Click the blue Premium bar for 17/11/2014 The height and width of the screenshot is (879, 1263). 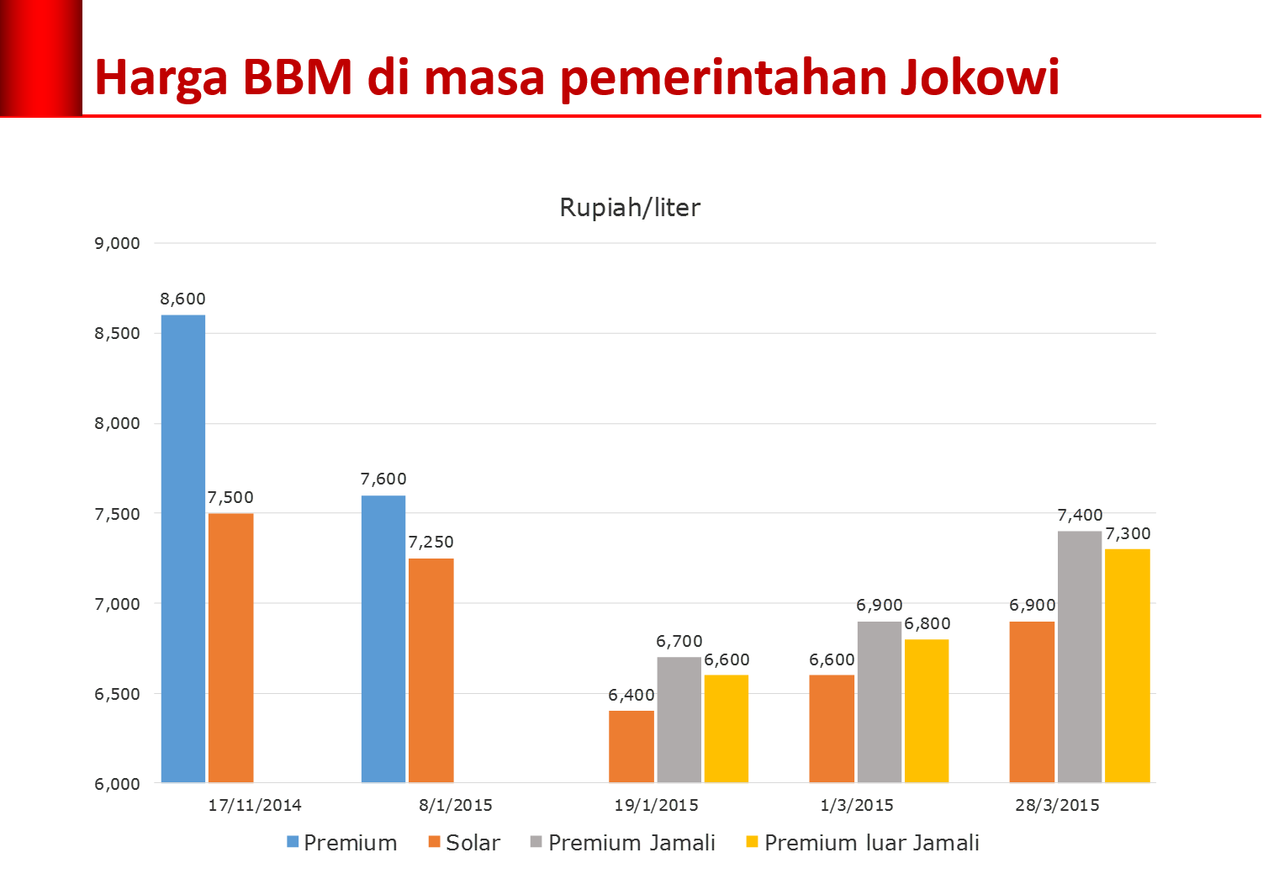click(x=183, y=548)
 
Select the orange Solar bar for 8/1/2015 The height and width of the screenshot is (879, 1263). click(x=431, y=670)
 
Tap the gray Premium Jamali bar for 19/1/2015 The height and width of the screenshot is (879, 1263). click(x=679, y=720)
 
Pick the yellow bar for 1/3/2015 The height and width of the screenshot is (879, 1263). click(x=927, y=711)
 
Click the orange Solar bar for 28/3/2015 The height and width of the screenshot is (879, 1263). click(x=1032, y=702)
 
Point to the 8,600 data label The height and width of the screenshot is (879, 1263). click(x=182, y=299)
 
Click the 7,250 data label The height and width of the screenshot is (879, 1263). click(x=431, y=543)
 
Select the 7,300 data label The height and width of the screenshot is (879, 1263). click(x=1128, y=533)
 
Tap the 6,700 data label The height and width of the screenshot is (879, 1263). click(x=679, y=641)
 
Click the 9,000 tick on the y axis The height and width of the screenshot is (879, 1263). click(x=118, y=243)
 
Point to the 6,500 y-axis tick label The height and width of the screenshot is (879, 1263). click(x=118, y=694)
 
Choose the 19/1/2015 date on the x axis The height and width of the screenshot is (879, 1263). click(x=656, y=805)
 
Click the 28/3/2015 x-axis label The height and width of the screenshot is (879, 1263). click(x=1057, y=805)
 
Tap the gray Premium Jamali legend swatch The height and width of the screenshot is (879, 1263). click(x=536, y=842)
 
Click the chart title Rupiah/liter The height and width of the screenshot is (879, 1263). click(x=630, y=208)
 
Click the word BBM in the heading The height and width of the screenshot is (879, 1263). click(x=298, y=77)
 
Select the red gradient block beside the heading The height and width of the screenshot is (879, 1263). click(x=40, y=57)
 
